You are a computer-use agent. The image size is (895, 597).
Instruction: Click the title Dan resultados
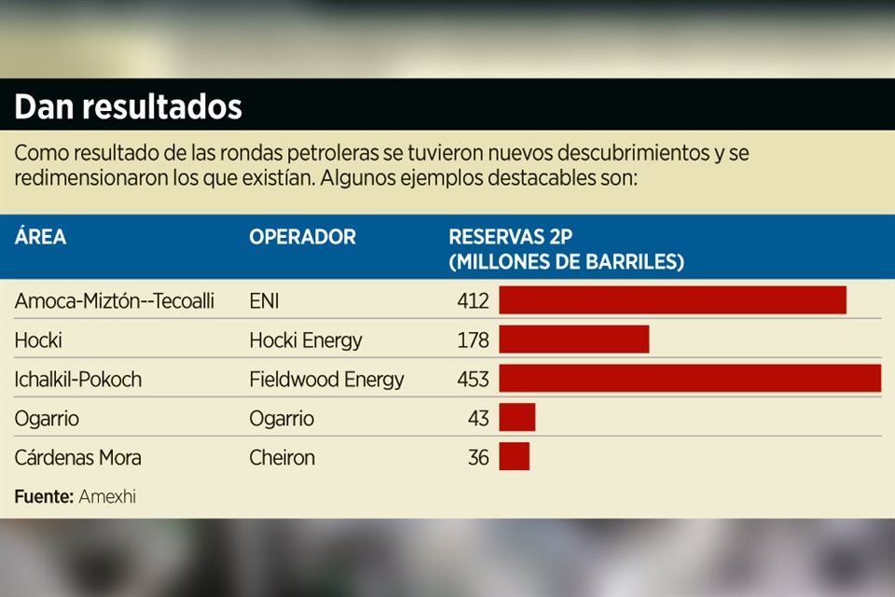128,107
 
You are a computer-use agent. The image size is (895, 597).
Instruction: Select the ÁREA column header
40,237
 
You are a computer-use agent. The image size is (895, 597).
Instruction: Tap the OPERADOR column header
302,237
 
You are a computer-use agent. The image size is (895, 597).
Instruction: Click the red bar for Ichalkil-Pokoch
690,378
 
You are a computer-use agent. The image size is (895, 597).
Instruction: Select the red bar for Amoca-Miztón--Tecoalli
672,300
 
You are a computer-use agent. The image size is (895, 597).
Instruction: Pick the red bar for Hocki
574,340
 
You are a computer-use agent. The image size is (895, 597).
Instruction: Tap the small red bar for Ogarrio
517,417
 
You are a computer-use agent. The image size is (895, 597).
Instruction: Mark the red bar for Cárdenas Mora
515,457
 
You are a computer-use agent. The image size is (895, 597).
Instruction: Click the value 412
473,301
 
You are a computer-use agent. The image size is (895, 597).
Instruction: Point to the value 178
473,340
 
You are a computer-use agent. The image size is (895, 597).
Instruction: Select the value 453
473,380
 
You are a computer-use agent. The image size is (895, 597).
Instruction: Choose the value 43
478,419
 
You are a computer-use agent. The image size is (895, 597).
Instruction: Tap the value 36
478,458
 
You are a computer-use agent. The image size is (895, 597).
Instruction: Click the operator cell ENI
264,301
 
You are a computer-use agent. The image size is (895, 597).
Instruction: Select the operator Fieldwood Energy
326,380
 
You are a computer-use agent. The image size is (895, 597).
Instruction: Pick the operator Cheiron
282,458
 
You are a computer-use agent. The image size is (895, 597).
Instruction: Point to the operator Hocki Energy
305,340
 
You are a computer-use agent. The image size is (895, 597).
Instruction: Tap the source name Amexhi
107,496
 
